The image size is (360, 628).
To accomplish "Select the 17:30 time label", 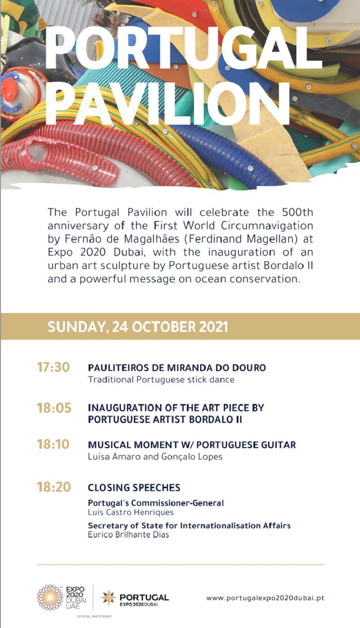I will click(54, 367).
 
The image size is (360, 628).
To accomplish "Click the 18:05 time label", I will click(54, 408).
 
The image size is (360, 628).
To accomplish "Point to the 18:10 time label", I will click(53, 444).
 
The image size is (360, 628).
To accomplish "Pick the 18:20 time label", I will click(54, 487).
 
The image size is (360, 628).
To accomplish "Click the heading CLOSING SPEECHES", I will click(134, 488).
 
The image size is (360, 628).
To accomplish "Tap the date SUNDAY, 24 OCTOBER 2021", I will click(138, 327).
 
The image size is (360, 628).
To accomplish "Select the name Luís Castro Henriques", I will click(130, 512).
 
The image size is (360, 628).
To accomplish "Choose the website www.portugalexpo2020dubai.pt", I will click(265, 598).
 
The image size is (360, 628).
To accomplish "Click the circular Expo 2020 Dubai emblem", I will click(50, 597).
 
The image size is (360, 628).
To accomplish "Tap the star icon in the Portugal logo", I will click(108, 597).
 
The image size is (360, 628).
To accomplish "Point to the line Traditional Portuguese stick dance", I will click(161, 380).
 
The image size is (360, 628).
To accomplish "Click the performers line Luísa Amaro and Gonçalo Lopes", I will click(155, 457).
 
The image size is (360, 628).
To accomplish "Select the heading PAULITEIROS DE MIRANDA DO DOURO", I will click(177, 368).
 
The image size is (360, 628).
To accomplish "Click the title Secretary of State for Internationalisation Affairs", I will click(189, 525).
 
